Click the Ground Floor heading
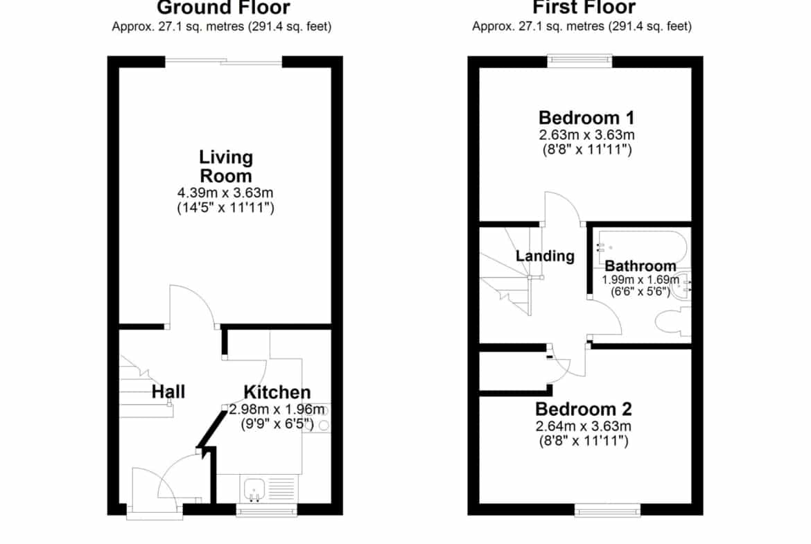(x=223, y=8)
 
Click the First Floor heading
(x=584, y=8)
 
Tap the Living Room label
(x=226, y=166)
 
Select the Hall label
(x=168, y=392)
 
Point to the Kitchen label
(x=277, y=392)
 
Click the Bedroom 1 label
(x=586, y=117)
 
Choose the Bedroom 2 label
(x=584, y=409)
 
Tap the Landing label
(x=545, y=256)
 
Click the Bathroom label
(x=640, y=266)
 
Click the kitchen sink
(x=254, y=489)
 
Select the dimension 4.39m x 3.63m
(x=225, y=193)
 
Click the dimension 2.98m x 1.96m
(x=277, y=410)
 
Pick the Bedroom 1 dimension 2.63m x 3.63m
(x=586, y=135)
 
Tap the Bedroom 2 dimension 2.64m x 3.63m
(x=584, y=427)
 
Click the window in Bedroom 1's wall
(x=579, y=61)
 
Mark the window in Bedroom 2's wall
(x=608, y=510)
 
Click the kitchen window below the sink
(x=267, y=510)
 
